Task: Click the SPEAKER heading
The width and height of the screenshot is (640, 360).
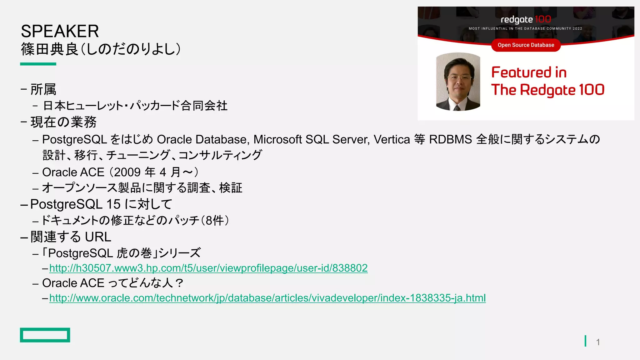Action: pyautogui.click(x=60, y=31)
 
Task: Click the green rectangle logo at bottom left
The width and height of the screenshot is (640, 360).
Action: pyautogui.click(x=45, y=335)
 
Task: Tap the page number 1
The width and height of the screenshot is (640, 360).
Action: pyautogui.click(x=598, y=342)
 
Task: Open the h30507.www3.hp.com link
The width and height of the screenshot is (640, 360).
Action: pyautogui.click(x=208, y=268)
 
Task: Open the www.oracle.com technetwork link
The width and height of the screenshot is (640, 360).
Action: pyautogui.click(x=267, y=298)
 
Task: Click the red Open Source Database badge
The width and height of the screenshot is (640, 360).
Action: pyautogui.click(x=526, y=45)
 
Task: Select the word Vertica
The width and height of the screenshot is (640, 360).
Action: pyautogui.click(x=392, y=139)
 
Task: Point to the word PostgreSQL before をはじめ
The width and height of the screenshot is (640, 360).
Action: pyautogui.click(x=74, y=140)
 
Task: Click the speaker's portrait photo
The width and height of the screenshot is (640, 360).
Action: pyautogui.click(x=458, y=82)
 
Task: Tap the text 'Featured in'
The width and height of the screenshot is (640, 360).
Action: pyautogui.click(x=529, y=72)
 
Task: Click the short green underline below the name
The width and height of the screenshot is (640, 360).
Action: pyautogui.click(x=38, y=64)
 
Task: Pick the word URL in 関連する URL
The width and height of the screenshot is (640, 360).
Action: pyautogui.click(x=98, y=237)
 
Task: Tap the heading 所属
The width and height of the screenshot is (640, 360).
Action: pyautogui.click(x=43, y=90)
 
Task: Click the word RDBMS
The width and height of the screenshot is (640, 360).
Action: pyautogui.click(x=450, y=139)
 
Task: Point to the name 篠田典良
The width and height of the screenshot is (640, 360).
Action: pyautogui.click(x=49, y=49)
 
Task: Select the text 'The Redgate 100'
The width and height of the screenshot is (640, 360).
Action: pyautogui.click(x=547, y=90)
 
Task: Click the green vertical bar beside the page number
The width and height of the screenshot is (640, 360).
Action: pyautogui.click(x=585, y=341)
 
